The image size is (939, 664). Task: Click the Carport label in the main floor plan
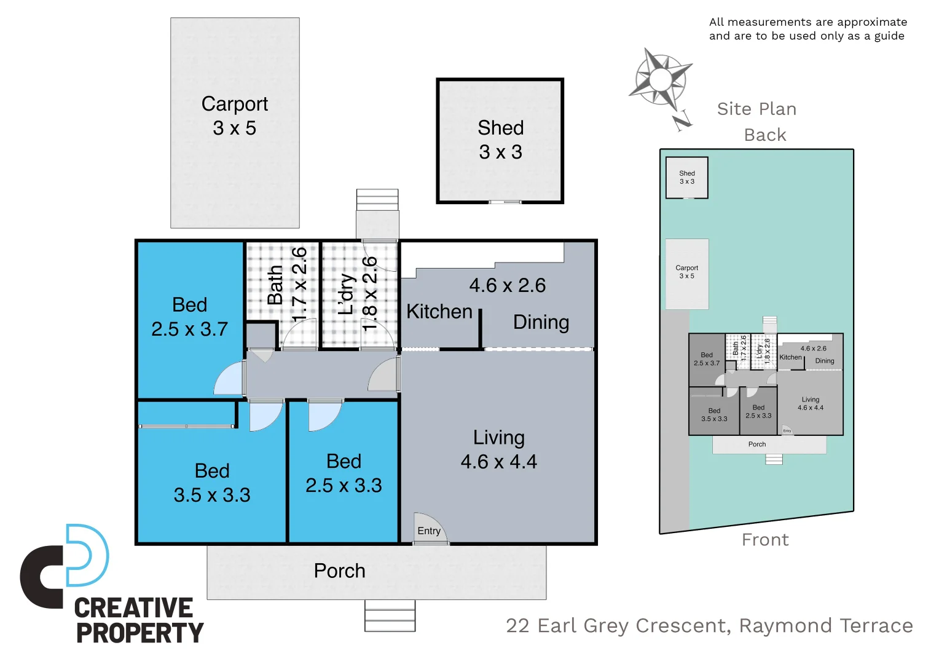point(235,104)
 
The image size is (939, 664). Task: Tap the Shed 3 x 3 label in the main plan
point(500,140)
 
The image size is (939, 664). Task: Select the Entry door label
point(429,531)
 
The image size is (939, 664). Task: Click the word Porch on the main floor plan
point(339,571)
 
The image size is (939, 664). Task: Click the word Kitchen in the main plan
point(439,311)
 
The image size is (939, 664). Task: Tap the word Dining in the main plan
point(541,322)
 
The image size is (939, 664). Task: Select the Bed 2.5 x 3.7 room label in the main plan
point(189,317)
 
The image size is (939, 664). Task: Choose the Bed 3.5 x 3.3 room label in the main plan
point(212,483)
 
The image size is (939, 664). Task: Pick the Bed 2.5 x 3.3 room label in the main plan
point(344,473)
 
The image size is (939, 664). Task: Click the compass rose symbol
point(660,79)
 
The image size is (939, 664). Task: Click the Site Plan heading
point(756,109)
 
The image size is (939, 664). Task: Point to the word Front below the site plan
point(765,539)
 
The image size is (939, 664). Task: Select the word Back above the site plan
point(765,135)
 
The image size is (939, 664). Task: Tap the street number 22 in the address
point(517,625)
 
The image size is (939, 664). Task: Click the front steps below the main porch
point(390,615)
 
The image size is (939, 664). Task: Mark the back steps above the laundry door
point(377,199)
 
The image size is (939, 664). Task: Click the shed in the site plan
point(687,178)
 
